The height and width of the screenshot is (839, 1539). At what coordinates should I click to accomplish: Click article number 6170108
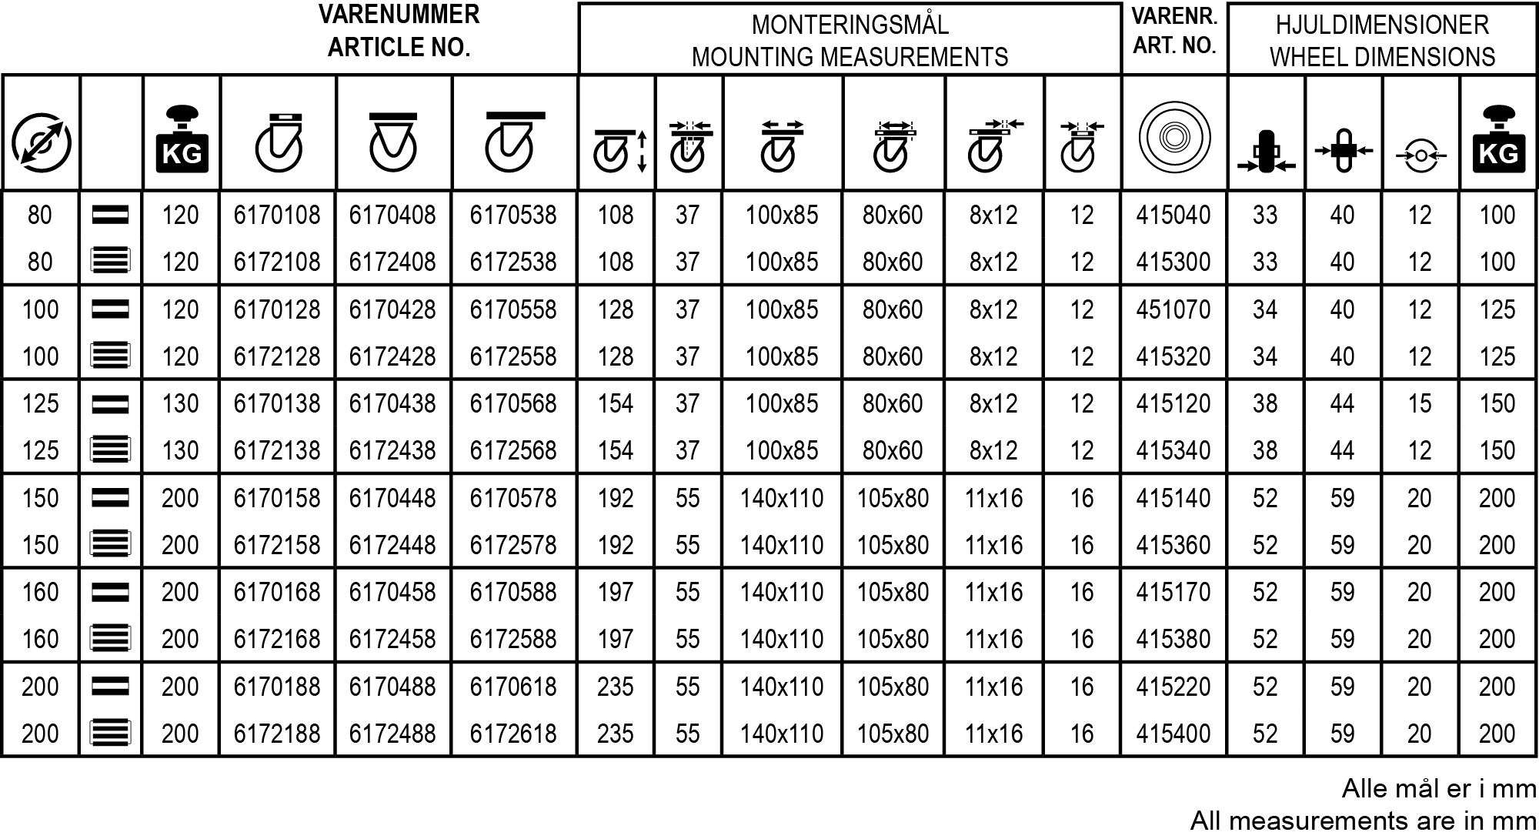coord(277,215)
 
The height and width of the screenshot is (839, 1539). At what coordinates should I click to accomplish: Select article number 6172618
coord(512,734)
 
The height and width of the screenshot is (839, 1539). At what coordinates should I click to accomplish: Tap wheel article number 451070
coord(1173,309)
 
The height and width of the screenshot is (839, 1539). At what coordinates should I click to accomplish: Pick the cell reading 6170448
coord(392,498)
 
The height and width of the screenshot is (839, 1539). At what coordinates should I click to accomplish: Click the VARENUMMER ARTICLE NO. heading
coord(399,31)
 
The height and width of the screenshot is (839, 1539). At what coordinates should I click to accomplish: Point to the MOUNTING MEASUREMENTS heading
coord(850,57)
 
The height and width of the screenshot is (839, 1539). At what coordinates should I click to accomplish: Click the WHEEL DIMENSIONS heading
coord(1382,57)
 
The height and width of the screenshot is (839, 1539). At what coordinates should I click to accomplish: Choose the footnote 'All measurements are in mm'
coord(1363,821)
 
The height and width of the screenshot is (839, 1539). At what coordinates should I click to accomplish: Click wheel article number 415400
coord(1173,734)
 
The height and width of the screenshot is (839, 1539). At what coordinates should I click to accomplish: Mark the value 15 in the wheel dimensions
coord(1419,403)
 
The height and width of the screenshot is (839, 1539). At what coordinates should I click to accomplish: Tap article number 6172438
coord(392,450)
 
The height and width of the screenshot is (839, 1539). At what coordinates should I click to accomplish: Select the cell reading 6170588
coord(512,592)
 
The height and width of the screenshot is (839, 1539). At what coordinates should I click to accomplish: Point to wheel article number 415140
coord(1173,498)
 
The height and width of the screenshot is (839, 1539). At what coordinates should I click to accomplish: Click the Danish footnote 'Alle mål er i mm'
coord(1438,788)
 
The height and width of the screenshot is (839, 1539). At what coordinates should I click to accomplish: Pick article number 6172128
coord(277,356)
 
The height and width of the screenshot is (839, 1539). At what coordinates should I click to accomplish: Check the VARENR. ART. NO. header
coord(1174,31)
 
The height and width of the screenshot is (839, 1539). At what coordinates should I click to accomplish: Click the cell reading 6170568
coord(512,403)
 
